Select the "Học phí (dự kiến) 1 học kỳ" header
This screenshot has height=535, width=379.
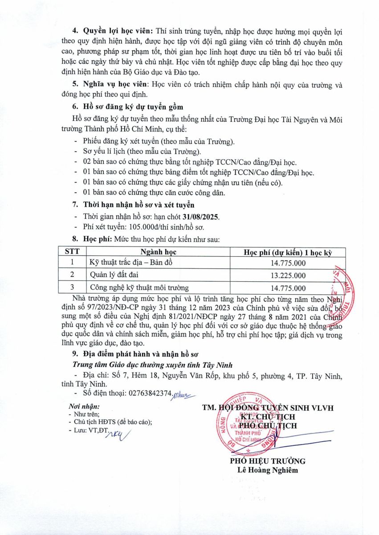(288, 252)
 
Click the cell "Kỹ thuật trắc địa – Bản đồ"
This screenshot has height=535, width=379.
(131, 263)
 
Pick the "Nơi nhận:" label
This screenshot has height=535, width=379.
(84, 407)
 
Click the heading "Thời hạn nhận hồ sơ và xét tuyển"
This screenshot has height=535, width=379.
(139, 205)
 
